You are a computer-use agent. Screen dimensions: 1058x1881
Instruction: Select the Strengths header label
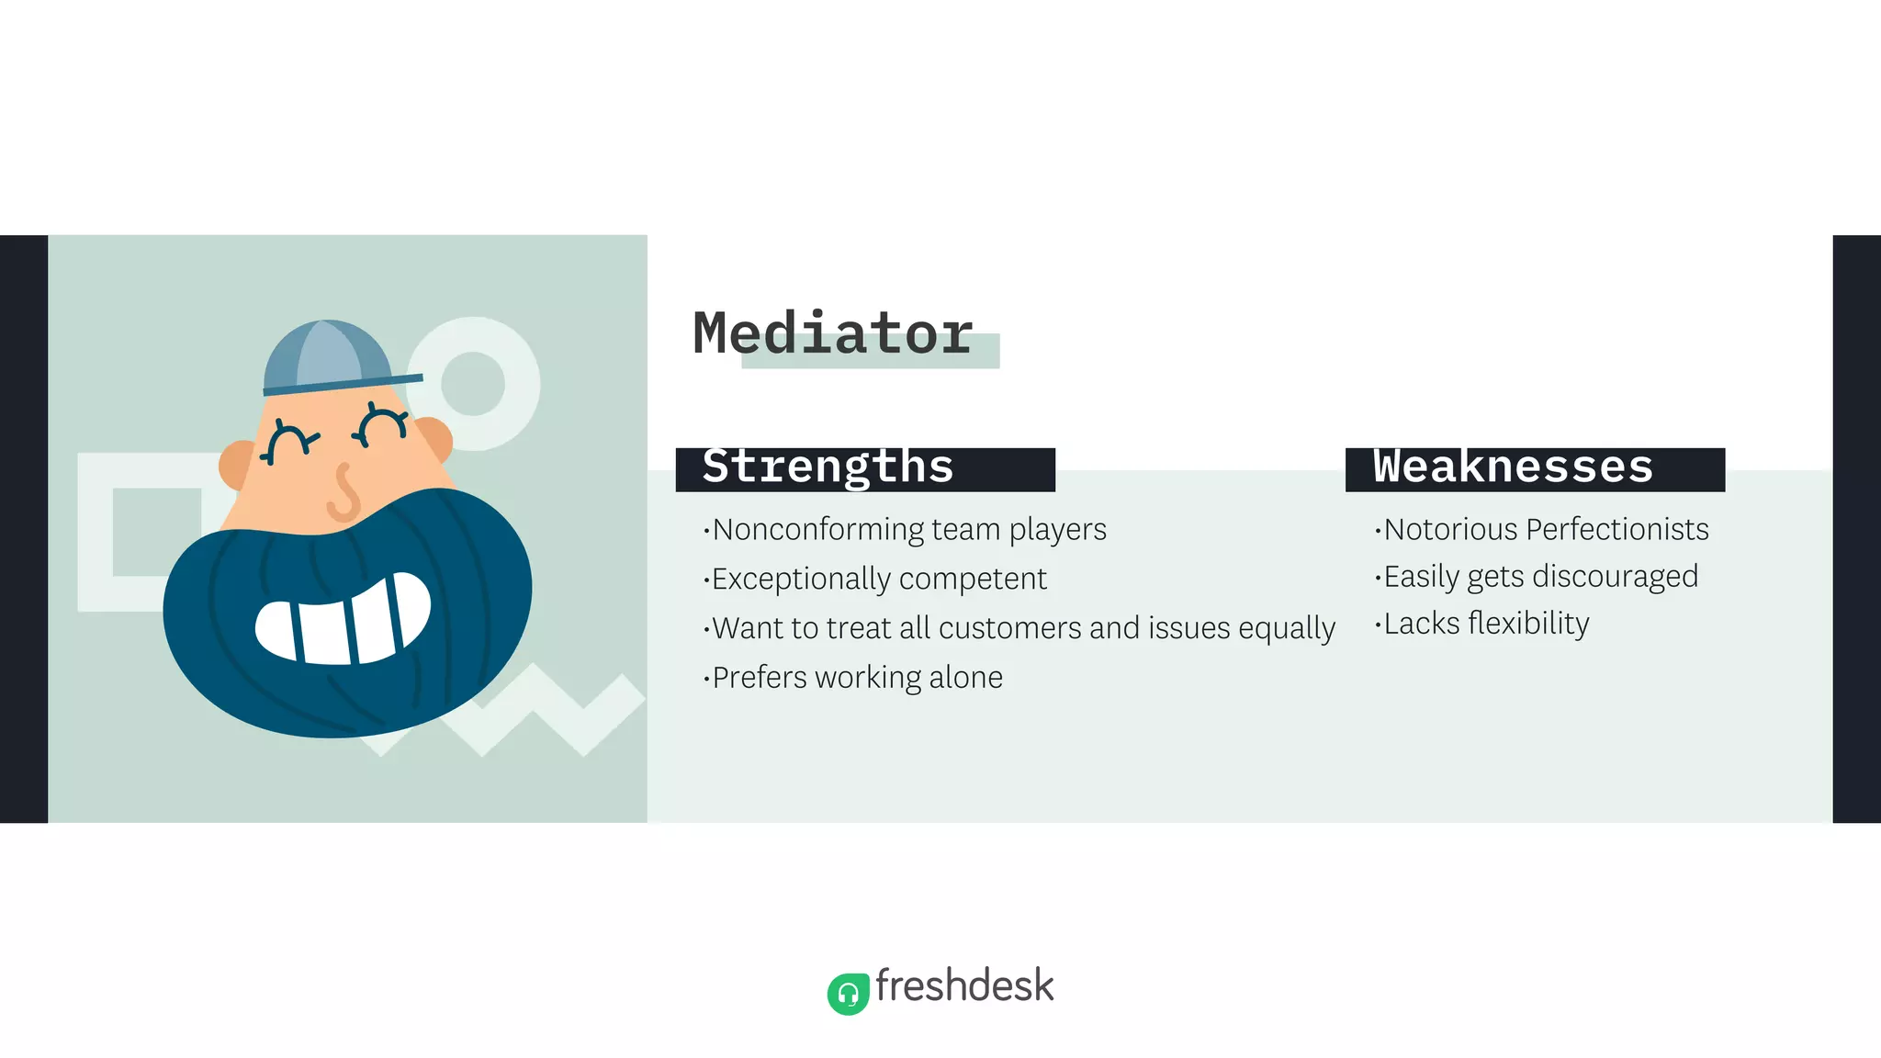828,467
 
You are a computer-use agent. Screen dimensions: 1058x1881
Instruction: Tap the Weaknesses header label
1513,467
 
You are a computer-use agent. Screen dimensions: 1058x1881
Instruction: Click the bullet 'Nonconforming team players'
908,530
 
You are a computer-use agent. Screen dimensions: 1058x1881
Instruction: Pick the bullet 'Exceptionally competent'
878,580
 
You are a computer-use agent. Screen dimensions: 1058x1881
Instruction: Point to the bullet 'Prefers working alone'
856,678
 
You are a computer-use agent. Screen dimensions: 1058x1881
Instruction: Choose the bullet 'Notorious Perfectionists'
1545,530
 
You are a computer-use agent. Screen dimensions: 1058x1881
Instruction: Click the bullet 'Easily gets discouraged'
1540,577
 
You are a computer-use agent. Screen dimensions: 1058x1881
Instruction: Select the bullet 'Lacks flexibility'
1485,624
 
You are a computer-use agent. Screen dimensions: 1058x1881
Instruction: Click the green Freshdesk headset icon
848,994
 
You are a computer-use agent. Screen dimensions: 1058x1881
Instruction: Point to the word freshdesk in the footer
964,986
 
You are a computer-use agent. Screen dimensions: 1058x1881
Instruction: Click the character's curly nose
344,493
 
